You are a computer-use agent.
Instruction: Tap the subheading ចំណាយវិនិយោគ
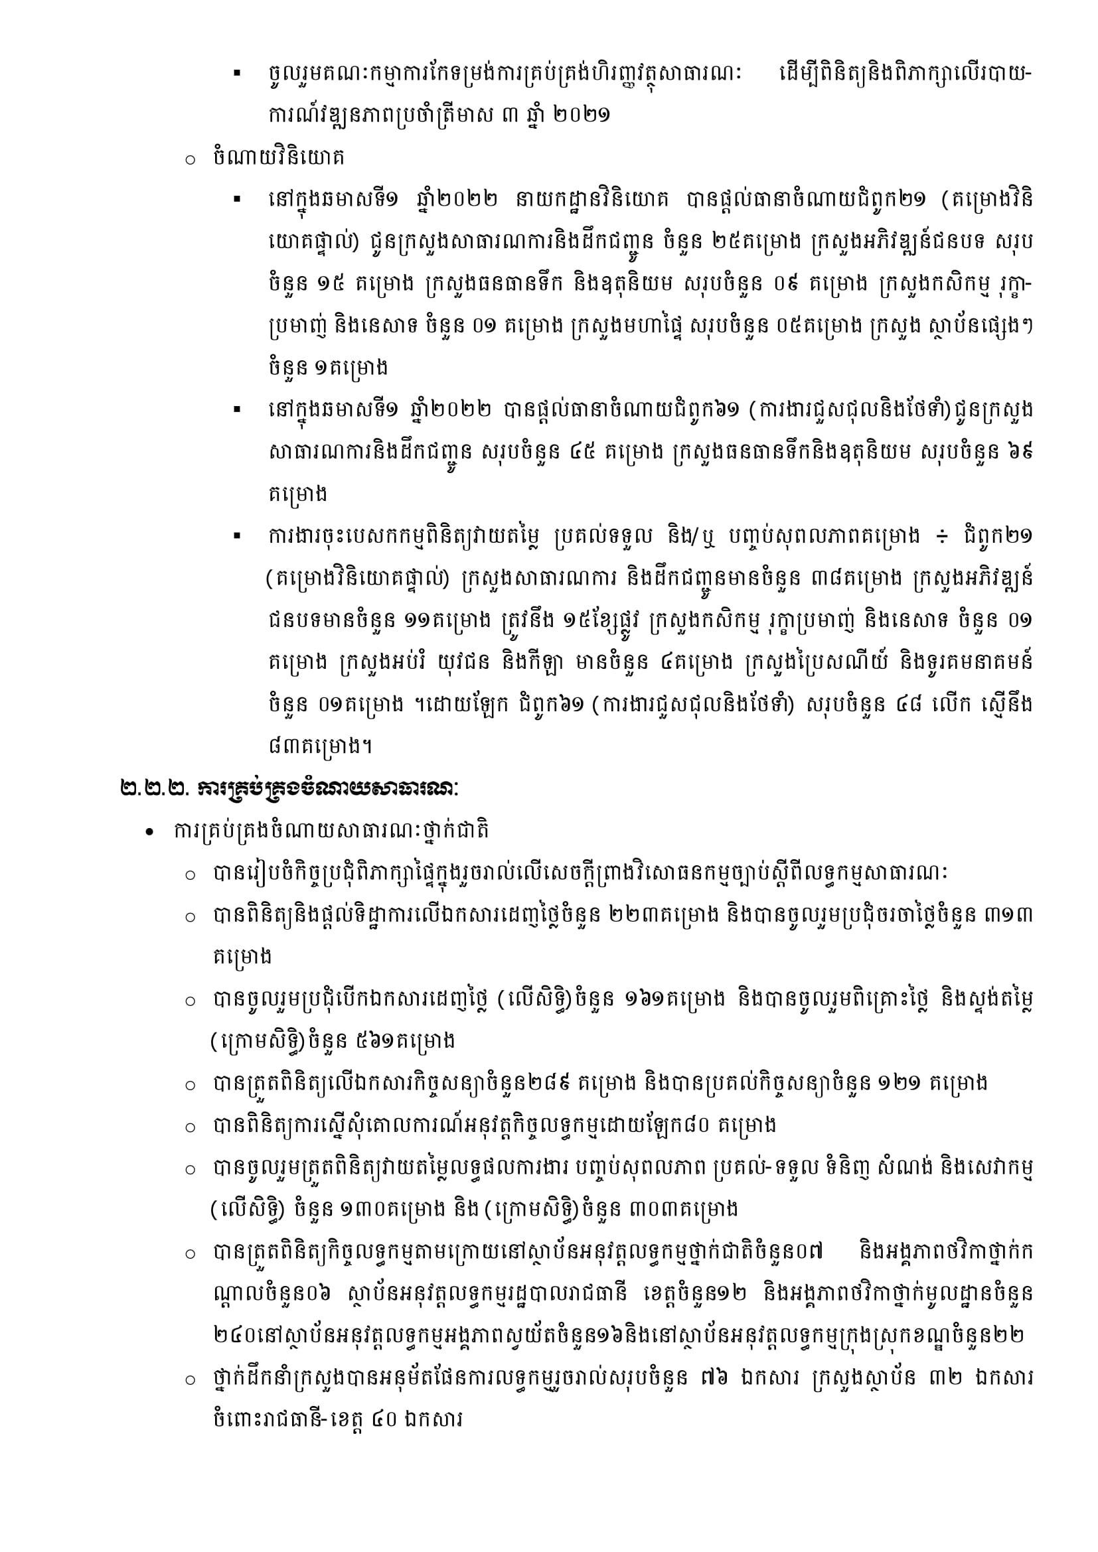278,157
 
